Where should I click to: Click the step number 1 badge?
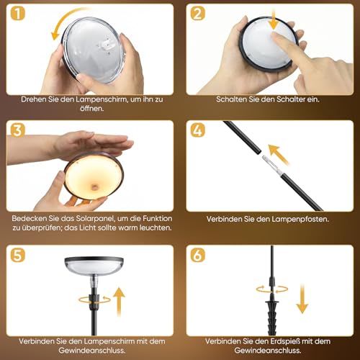click(x=18, y=14)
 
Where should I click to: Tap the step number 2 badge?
click(x=198, y=14)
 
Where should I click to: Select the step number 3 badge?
click(x=18, y=130)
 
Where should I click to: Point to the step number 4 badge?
click(x=198, y=130)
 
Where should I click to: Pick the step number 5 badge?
click(x=18, y=255)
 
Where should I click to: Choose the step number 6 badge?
click(x=198, y=255)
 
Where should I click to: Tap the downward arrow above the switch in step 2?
click(x=274, y=21)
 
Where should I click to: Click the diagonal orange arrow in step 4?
click(x=279, y=154)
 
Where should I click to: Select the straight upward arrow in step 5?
click(x=119, y=302)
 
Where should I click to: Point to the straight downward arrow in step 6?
click(x=302, y=298)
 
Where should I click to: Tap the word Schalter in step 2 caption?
click(x=291, y=99)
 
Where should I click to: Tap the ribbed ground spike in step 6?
click(x=272, y=317)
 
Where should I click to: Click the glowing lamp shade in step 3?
click(x=94, y=176)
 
